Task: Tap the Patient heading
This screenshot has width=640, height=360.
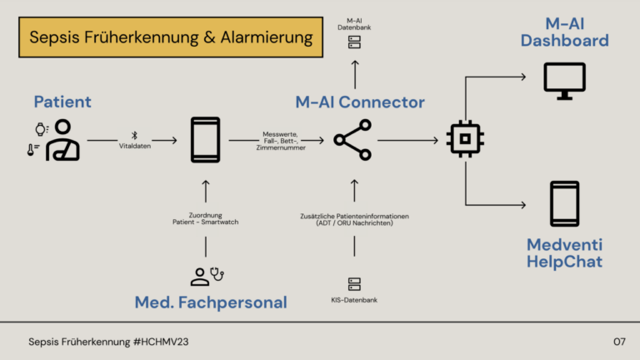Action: click(x=62, y=102)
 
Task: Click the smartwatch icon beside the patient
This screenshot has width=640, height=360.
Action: click(x=38, y=129)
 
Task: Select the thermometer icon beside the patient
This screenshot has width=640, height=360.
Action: click(x=33, y=150)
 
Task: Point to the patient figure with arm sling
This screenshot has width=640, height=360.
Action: click(x=63, y=140)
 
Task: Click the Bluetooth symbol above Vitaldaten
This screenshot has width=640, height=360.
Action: click(x=133, y=134)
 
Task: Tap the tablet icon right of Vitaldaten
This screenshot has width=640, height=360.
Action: click(x=205, y=140)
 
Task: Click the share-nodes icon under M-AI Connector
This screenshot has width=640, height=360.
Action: click(x=353, y=140)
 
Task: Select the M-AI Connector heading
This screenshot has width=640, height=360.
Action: click(x=360, y=102)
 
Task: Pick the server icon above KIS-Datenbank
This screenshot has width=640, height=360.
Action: click(x=354, y=284)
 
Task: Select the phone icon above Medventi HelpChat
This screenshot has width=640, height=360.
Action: click(x=564, y=203)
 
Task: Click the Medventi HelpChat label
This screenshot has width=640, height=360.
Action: click(x=564, y=253)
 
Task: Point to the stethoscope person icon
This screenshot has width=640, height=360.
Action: click(x=206, y=276)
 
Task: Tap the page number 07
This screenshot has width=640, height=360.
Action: click(x=618, y=342)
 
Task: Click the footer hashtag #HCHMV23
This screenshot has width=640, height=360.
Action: click(x=166, y=342)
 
